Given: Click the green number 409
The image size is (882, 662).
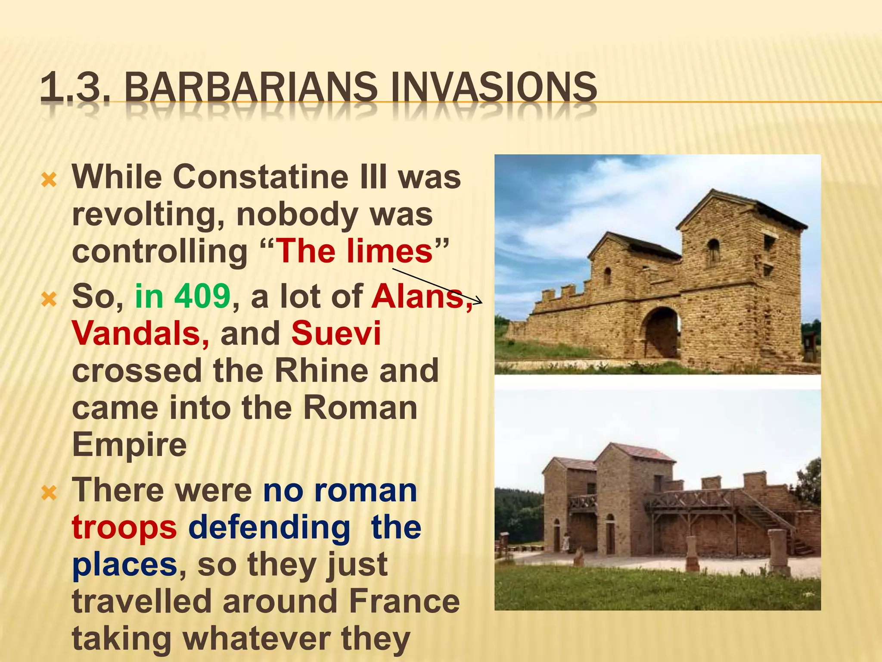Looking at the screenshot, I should coord(202,297).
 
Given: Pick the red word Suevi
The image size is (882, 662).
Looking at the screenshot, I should coord(336,334).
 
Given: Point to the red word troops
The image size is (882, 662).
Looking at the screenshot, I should coord(124,527).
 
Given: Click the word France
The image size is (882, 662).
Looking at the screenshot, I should coord(404,601).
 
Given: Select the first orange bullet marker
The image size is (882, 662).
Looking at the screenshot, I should coord(49,180).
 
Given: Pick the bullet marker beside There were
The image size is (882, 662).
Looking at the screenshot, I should coord(49,493).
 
